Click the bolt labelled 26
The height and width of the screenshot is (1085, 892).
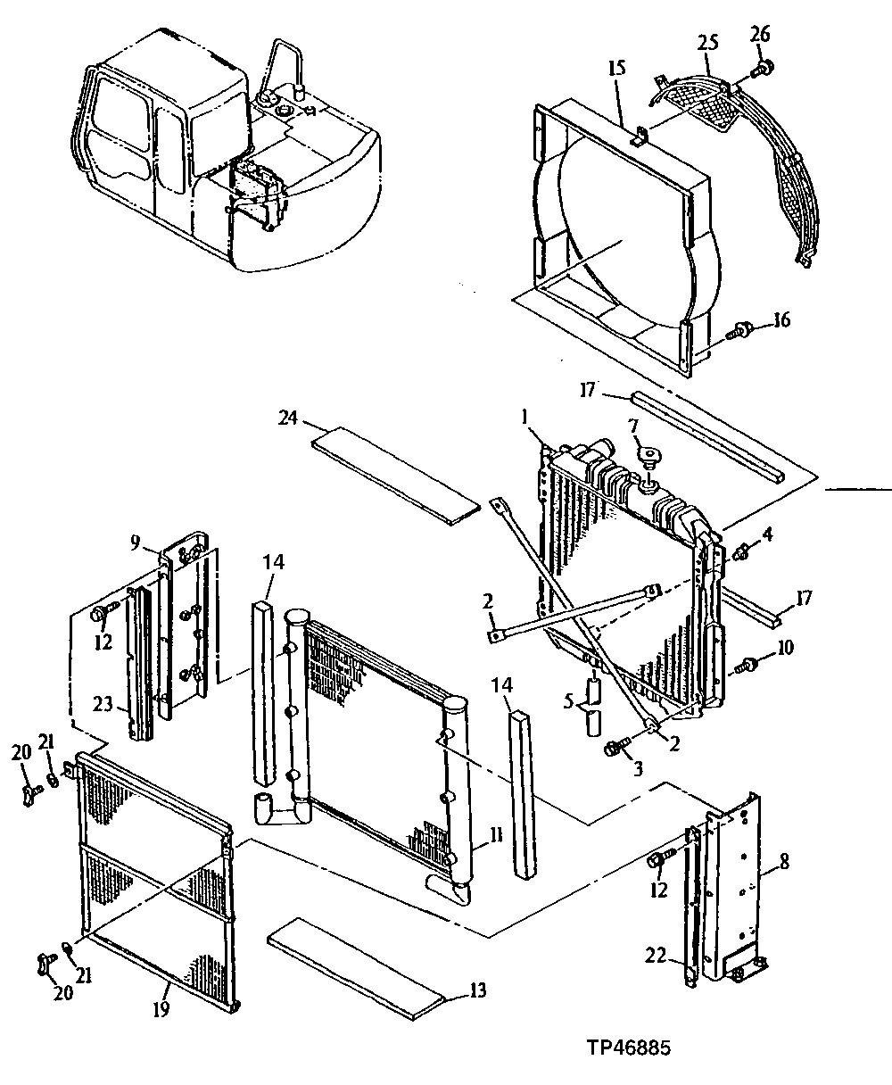coord(763,66)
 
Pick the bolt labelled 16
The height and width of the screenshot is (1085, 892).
coord(739,331)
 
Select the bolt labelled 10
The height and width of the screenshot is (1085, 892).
coord(746,664)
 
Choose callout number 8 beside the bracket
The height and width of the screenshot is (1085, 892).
coord(786,863)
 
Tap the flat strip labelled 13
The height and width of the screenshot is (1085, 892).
coord(357,968)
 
